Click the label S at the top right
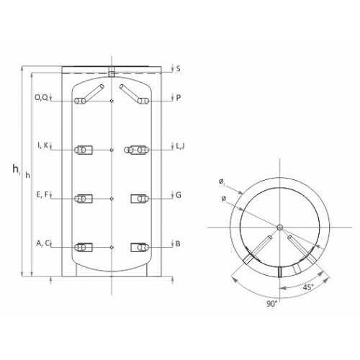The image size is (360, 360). pos(178,68)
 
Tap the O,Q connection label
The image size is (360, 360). pos(41,97)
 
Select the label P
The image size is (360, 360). pos(178,98)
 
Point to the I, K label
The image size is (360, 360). pos(43,145)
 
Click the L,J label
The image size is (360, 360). pos(180,146)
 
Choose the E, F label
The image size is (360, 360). pos(42,194)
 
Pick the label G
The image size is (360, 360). pos(179,195)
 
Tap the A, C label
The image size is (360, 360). pos(42,243)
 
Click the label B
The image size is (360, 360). pos(178,243)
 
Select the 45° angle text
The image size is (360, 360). pos(308,287)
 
